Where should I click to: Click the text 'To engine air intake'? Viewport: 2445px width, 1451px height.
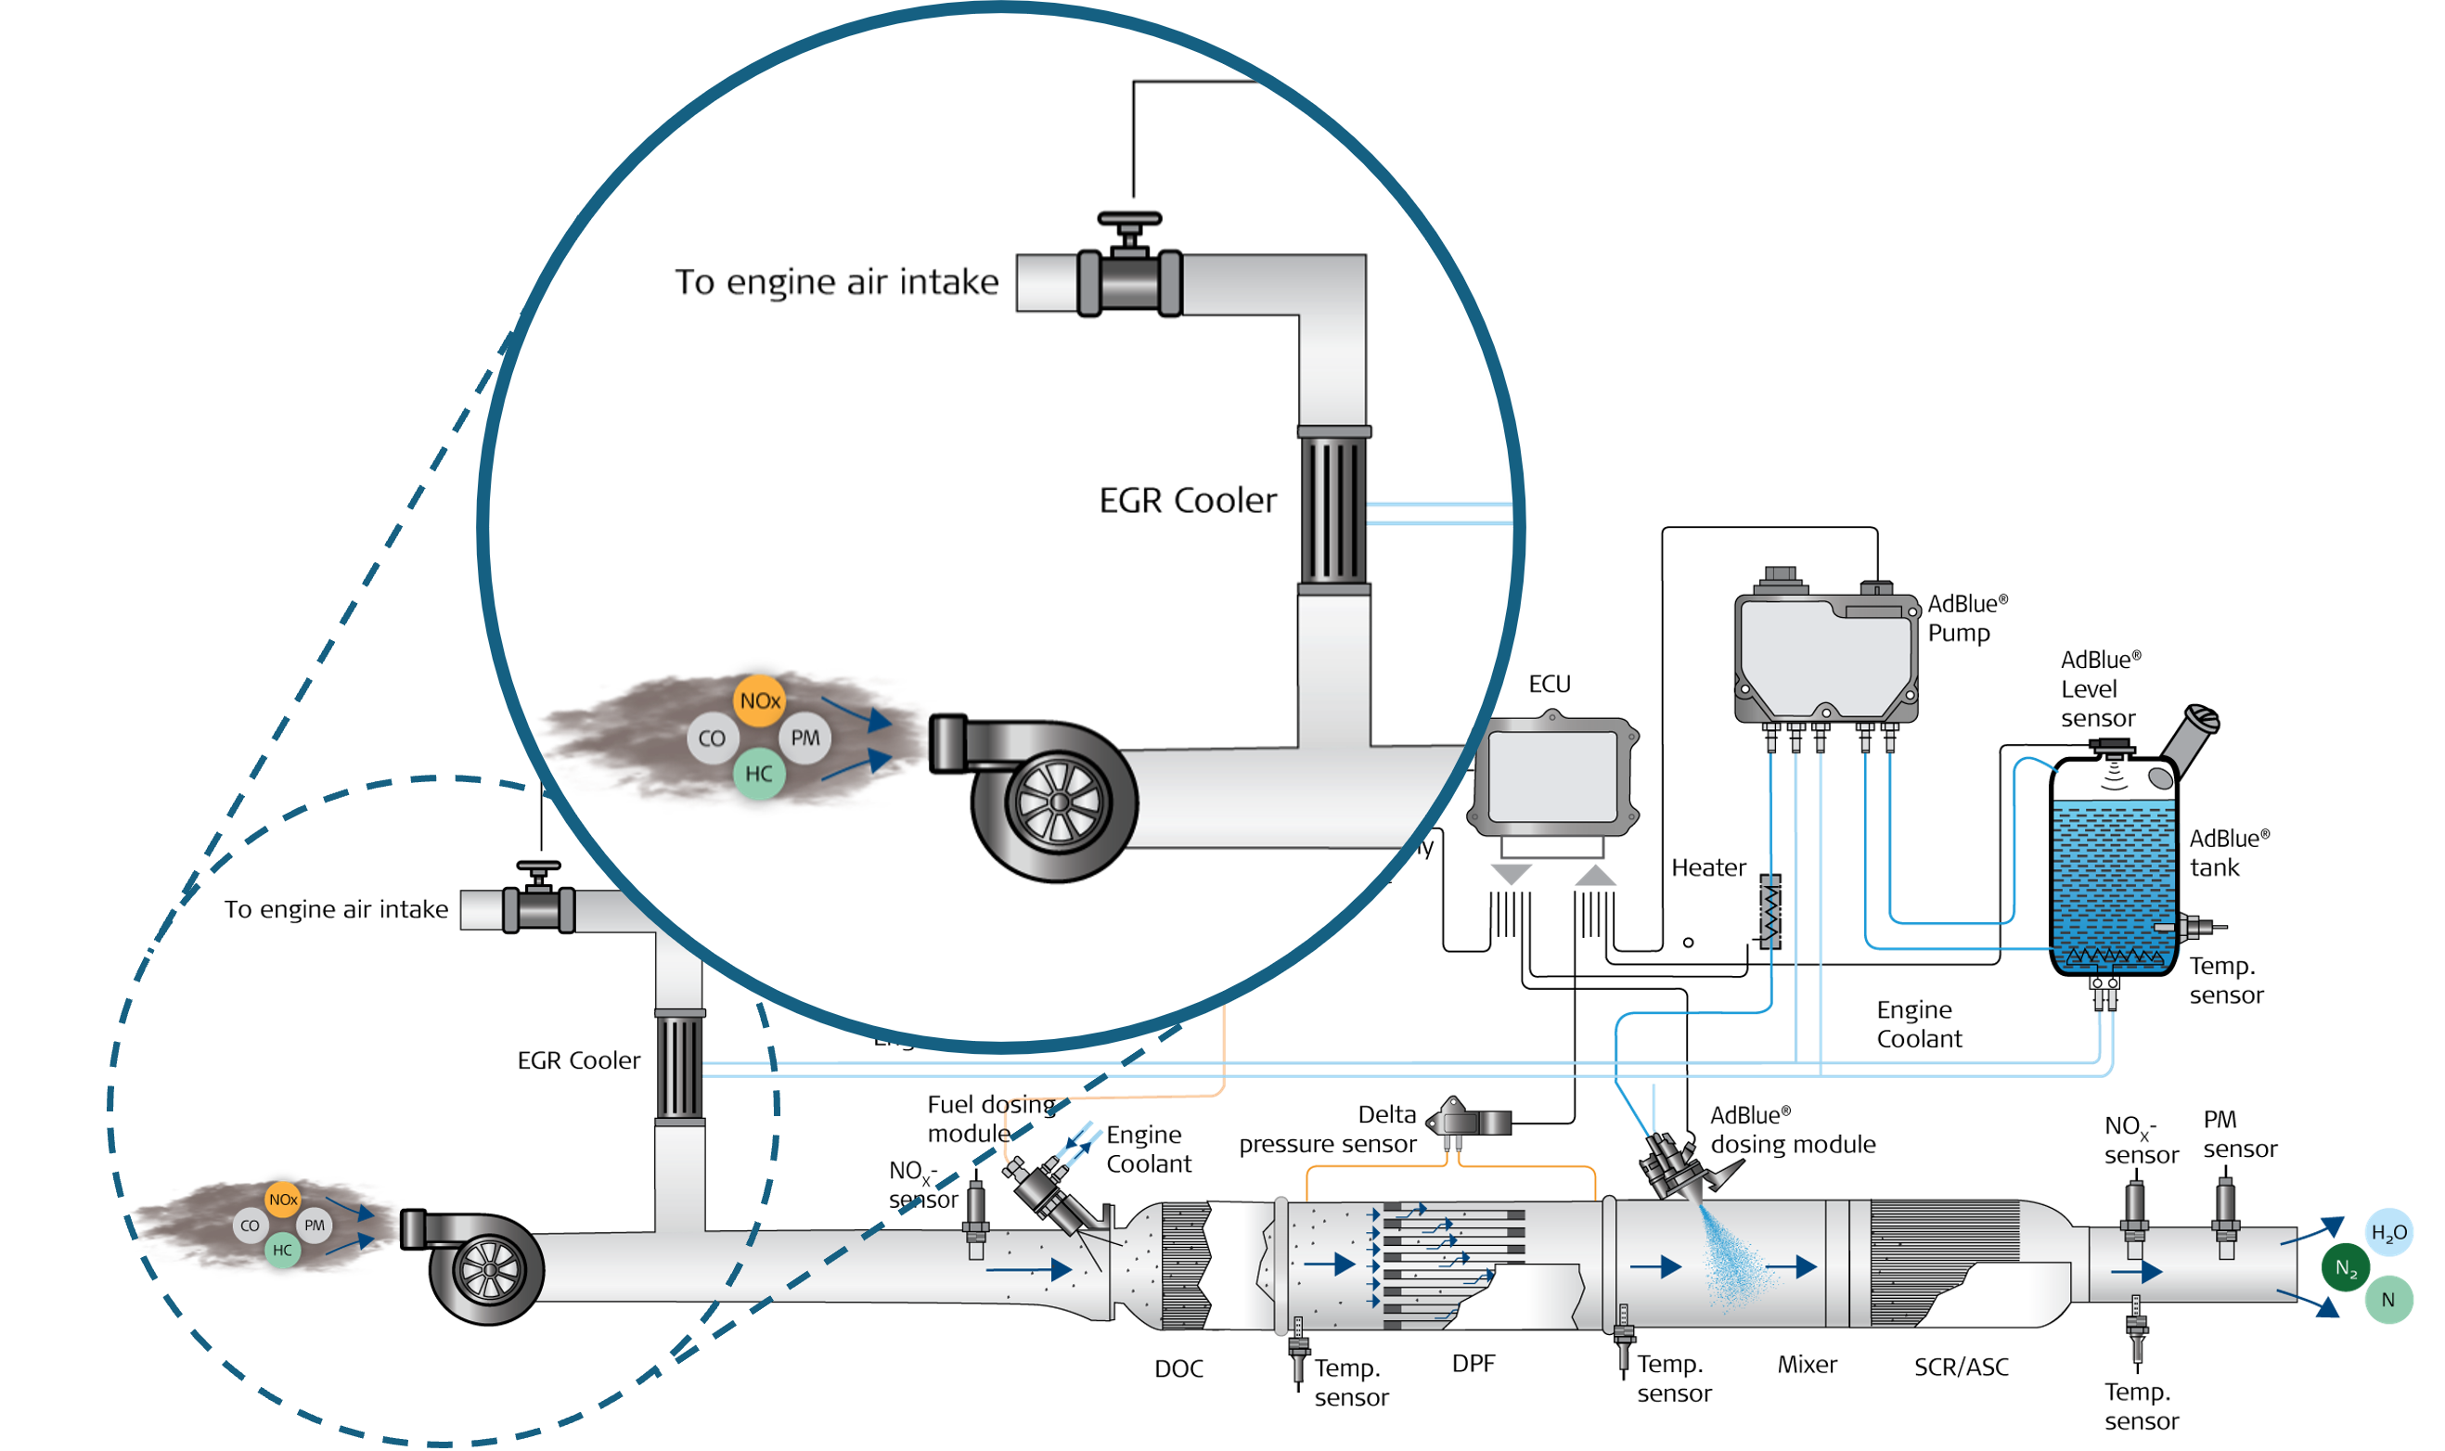pos(837,283)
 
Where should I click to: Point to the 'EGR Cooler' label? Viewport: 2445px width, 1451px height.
pos(1187,501)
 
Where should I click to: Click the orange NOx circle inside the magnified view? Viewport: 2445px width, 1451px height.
pos(760,701)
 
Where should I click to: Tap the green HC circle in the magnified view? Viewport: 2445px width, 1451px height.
pos(759,775)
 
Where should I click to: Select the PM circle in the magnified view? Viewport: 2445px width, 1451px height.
pos(804,738)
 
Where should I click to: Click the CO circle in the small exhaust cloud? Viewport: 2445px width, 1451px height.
pos(251,1226)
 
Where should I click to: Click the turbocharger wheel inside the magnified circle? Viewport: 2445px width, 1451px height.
pos(1058,803)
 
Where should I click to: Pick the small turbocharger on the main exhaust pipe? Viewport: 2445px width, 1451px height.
pos(486,1268)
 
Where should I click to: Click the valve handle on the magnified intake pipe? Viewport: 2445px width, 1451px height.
pos(1129,221)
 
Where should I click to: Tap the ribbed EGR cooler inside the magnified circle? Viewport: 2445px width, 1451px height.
pos(1333,510)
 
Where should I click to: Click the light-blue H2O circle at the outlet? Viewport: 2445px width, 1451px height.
pos(2388,1233)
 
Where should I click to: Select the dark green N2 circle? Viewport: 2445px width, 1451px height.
pos(2346,1268)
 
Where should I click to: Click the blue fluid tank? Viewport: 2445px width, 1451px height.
pos(2115,885)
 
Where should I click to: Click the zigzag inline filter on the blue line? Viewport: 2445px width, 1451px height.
pos(1770,911)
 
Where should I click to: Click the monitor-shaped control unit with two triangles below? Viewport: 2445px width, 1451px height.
pos(1551,778)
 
